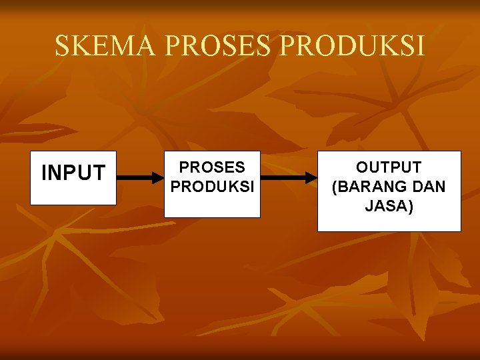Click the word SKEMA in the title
[x=105, y=46]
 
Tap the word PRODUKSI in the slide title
[x=353, y=46]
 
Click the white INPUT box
[x=73, y=177]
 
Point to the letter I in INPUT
[x=44, y=173]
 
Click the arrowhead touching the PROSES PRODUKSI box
[x=159, y=178]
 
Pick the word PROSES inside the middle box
[x=213, y=167]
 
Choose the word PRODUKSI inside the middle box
[x=213, y=187]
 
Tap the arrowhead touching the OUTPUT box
[x=311, y=178]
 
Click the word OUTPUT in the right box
[x=389, y=167]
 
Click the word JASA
[x=387, y=206]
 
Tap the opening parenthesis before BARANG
[x=335, y=187]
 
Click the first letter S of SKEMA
[x=62, y=46]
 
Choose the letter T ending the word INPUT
[x=99, y=173]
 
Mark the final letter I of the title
[x=420, y=46]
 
